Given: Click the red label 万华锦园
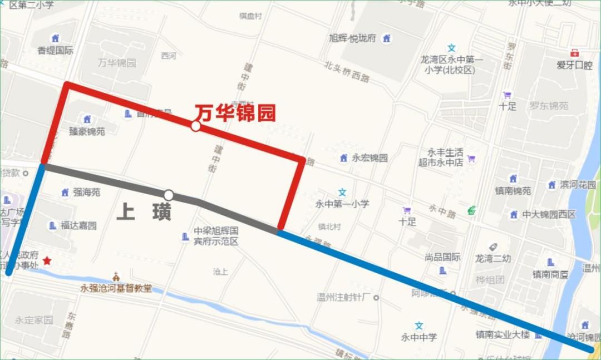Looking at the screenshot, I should coord(235,114).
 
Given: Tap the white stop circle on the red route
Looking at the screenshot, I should coord(195,126).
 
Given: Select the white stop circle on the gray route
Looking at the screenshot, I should coord(169,195).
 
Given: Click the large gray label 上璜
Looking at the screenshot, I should coord(144,213).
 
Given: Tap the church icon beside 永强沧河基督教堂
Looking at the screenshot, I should coord(116,276).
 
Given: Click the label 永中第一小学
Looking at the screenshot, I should coord(342,204).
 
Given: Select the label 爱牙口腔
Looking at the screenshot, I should coord(575,65).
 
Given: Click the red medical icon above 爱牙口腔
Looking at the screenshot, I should coord(574,53).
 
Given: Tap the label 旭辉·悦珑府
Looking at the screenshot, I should coord(353,38).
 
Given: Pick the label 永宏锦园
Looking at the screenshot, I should coord(370,158).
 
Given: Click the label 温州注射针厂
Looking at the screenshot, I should coord(343,297).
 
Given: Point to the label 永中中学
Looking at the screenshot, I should coord(419,337).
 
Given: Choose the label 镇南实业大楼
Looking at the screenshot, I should coord(502,334).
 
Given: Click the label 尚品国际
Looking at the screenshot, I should coord(442,257).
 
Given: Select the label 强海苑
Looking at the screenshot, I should coord(86,193).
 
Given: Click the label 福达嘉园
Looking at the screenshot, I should coord(78,226).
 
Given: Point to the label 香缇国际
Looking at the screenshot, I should coord(55,50).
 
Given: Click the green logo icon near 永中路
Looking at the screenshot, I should coord(471,210).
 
